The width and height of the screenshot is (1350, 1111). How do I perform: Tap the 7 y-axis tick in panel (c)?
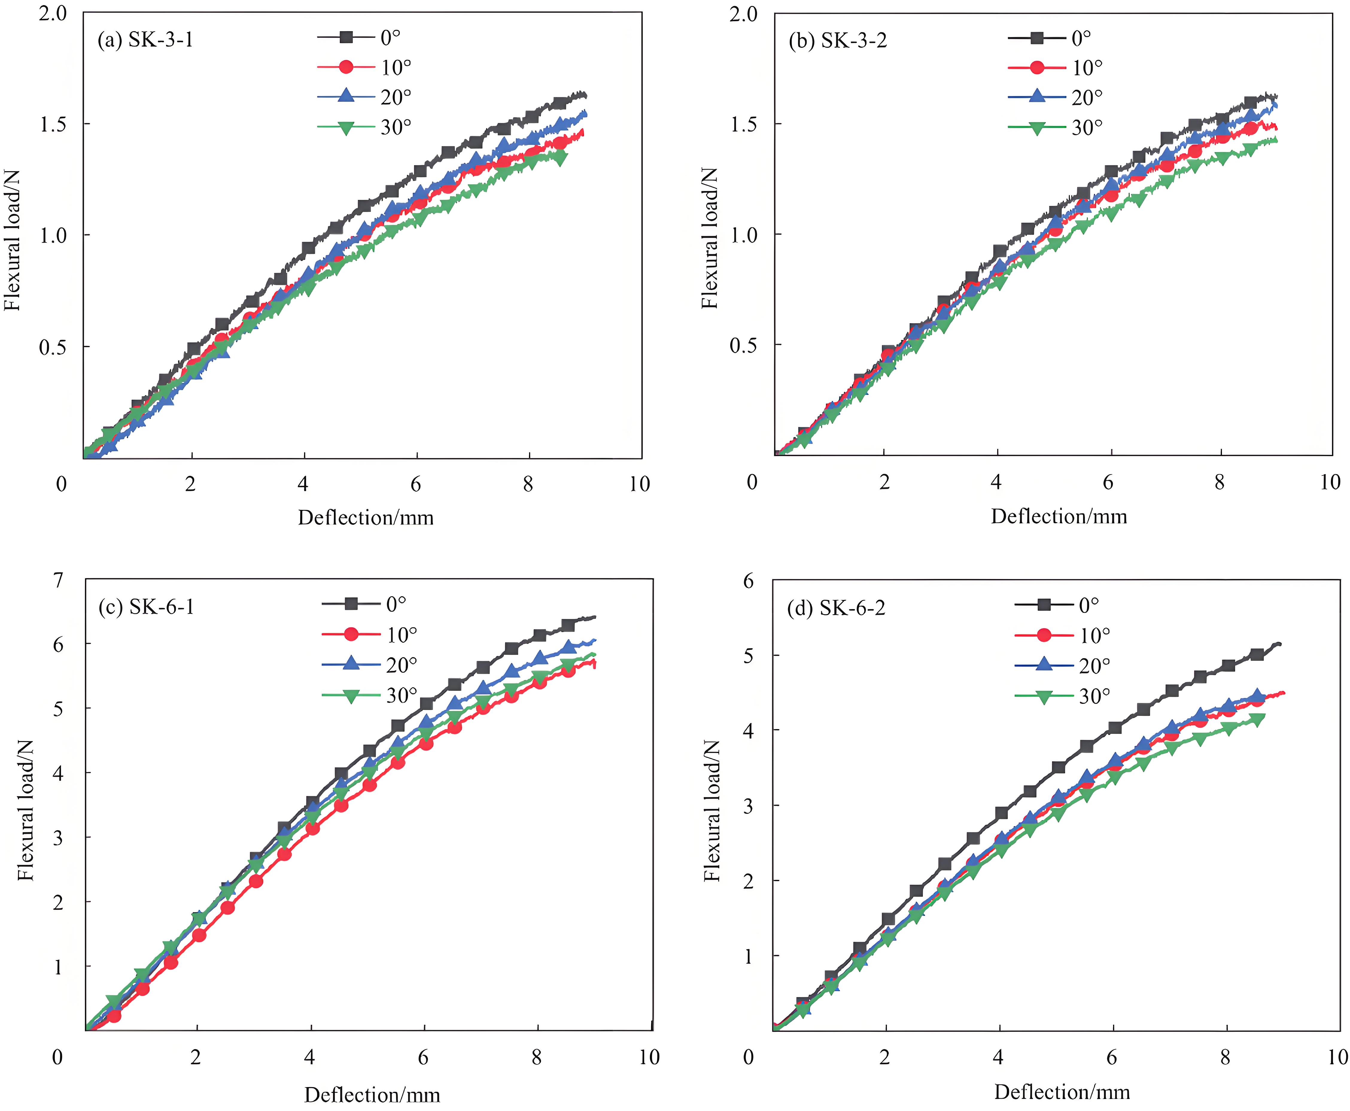[58, 580]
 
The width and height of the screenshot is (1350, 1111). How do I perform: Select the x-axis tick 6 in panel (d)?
[1112, 1057]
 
